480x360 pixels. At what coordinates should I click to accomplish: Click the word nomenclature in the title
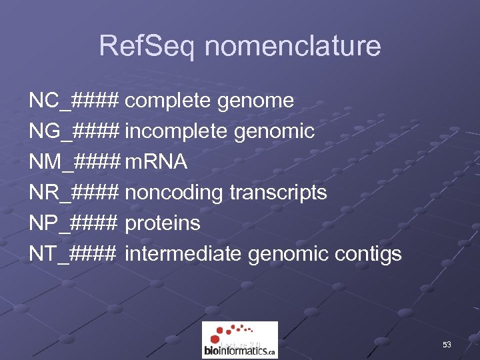coord(293,47)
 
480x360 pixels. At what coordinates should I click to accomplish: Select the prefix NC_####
coord(74,101)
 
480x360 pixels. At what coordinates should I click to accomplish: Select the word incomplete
coord(177,132)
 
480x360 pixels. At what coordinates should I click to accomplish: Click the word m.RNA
coord(156,163)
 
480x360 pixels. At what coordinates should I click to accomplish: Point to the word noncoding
coord(174,193)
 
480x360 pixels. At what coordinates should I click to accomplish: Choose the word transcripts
coord(278,193)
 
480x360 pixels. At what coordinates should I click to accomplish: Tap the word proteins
coord(163,223)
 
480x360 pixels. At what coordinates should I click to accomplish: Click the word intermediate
coord(183,254)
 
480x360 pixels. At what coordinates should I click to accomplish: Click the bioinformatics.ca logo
coord(240,340)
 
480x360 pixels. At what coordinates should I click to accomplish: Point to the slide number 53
coord(447,345)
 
